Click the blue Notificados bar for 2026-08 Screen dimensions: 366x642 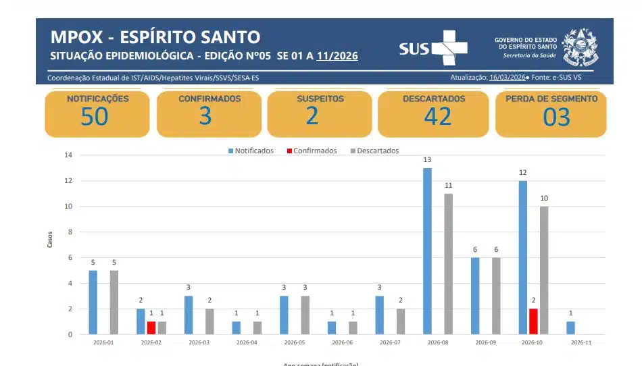tap(427, 251)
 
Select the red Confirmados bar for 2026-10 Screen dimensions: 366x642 tap(533, 321)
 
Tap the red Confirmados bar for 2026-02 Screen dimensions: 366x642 tap(151, 328)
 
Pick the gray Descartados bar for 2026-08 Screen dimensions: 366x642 tap(449, 264)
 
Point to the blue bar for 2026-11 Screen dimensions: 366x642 tap(570, 328)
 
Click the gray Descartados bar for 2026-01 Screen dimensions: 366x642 tap(114, 302)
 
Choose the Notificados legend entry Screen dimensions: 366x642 tap(251, 151)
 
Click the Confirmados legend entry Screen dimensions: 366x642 tap(312, 151)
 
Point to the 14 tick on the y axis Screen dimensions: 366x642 tap(68, 155)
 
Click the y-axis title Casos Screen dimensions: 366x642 tap(50, 240)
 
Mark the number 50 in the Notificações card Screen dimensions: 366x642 tap(94, 116)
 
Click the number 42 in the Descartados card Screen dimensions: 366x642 tap(437, 116)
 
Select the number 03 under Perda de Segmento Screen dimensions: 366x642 tap(556, 117)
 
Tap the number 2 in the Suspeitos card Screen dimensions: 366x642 tap(312, 116)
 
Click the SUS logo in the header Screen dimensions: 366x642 tap(433, 47)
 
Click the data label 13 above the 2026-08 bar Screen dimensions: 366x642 tap(427, 160)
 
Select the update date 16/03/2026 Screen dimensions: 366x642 tap(507, 78)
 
